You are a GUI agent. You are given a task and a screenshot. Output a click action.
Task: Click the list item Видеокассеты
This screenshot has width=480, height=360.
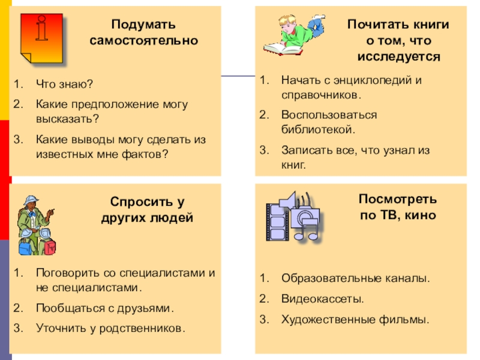(x=322, y=299)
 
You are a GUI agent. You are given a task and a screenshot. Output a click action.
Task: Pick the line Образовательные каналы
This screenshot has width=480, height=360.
(x=355, y=279)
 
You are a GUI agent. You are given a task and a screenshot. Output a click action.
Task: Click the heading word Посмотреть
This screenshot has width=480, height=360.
(x=398, y=199)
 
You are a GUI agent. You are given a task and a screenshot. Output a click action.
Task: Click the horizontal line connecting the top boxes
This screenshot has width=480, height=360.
(x=238, y=76)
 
